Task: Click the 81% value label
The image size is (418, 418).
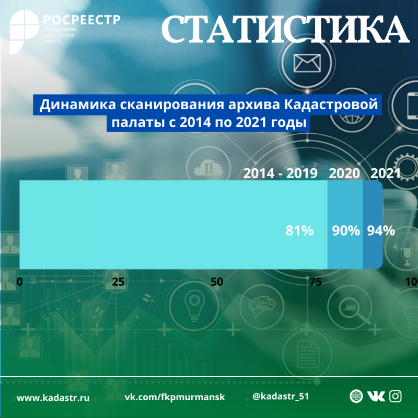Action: coord(299,230)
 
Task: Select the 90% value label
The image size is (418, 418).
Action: coord(346,230)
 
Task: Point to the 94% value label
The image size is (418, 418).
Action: coord(380,230)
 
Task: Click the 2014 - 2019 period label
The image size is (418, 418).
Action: coord(281,173)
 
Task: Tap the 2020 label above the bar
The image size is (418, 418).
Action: coord(344,173)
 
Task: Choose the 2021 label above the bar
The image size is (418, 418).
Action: coord(385,173)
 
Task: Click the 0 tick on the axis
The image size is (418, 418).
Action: coord(20,282)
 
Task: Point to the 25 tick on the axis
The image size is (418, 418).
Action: coord(118,282)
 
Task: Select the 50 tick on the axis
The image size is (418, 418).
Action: coord(216,282)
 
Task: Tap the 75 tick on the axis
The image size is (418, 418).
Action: coord(315,282)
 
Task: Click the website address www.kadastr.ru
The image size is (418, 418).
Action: coord(53,398)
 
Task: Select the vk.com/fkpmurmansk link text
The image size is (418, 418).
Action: coord(175,397)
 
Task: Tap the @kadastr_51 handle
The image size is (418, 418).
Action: coord(281,397)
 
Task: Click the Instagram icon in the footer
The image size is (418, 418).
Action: coord(396,397)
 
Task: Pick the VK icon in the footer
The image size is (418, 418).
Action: coord(376,397)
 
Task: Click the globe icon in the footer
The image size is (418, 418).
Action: coord(356,397)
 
